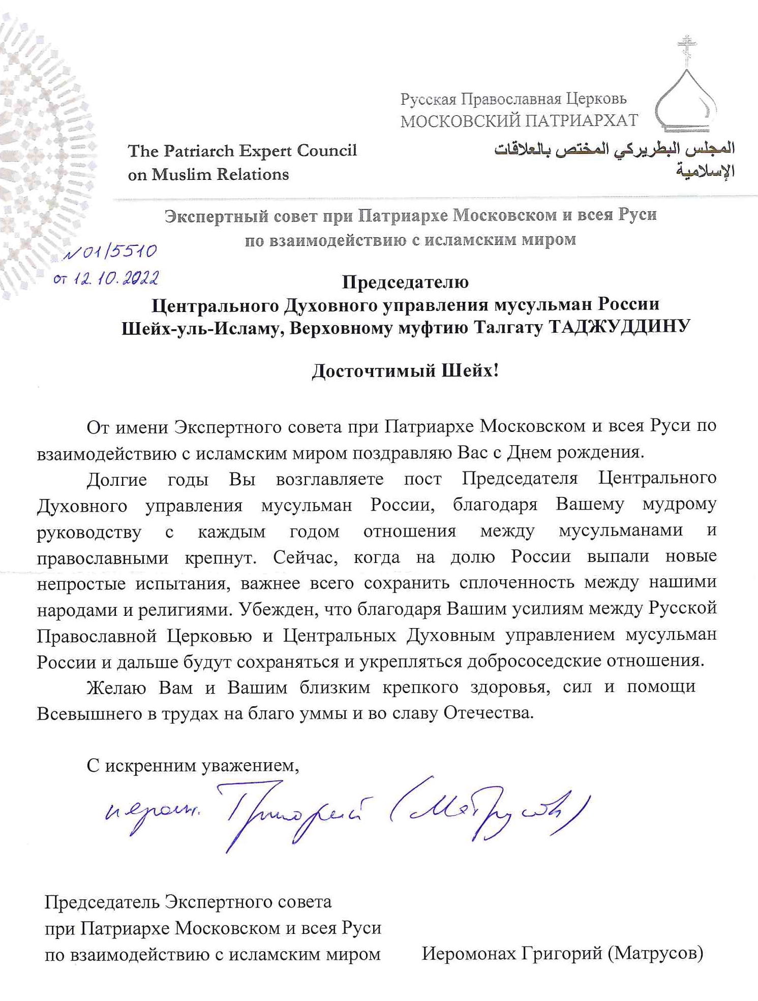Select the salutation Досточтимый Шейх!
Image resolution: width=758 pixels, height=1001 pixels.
[x=405, y=370]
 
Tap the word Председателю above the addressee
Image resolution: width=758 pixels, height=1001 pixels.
[x=405, y=281]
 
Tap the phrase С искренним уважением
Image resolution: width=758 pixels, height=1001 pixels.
[x=193, y=765]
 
